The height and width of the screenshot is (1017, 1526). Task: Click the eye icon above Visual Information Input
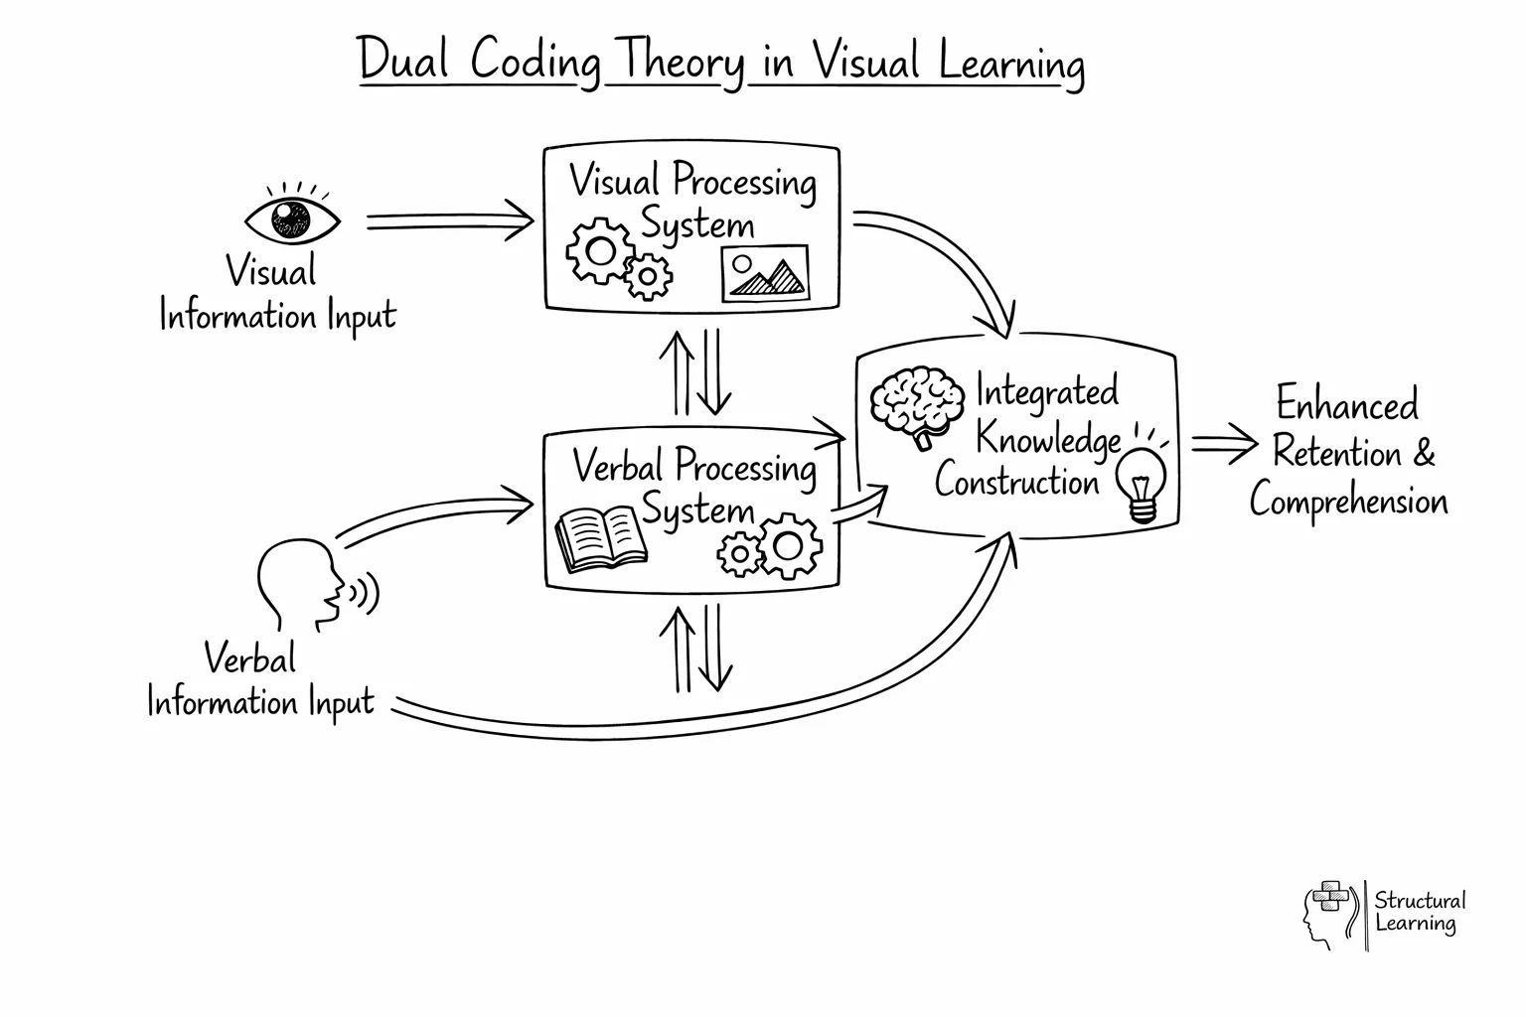[292, 218]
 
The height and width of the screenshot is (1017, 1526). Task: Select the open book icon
[599, 538]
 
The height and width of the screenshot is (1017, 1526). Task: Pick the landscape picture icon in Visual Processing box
[764, 274]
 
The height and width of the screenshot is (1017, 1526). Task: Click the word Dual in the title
[403, 61]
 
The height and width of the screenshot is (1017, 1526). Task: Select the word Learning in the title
[1010, 64]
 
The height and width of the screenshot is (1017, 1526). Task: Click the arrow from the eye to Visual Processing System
[449, 219]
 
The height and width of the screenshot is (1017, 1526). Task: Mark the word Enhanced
[1346, 404]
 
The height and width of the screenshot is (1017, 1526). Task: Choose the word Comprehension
[1348, 500]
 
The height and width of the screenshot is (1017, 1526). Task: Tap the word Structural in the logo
[1419, 900]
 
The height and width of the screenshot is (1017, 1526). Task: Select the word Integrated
[1046, 391]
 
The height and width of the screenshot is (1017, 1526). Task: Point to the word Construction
[1016, 482]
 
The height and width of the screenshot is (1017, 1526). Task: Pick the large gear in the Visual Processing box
[598, 251]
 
